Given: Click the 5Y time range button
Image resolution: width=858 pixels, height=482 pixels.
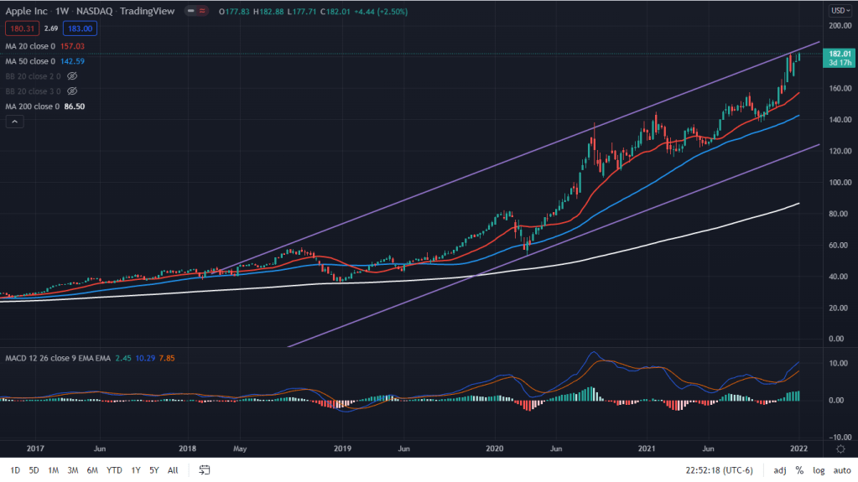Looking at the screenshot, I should coord(154,470).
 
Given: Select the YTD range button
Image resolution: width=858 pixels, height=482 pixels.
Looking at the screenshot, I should coord(114,470).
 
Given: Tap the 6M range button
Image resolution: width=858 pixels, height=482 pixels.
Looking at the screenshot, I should coord(92,470).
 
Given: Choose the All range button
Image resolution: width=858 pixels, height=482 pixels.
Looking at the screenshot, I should coord(173,470).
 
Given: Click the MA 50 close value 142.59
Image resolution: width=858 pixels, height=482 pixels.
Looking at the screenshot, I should coord(73,61).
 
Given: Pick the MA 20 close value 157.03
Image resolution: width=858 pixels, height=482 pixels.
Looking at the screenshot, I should coord(73,46).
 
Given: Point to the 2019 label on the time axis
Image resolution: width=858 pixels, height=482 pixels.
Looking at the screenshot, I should coord(342,448).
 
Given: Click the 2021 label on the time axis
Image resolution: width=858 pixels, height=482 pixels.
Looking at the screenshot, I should coord(647,448).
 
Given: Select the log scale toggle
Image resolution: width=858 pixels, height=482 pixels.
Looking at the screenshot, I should coord(819,470).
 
